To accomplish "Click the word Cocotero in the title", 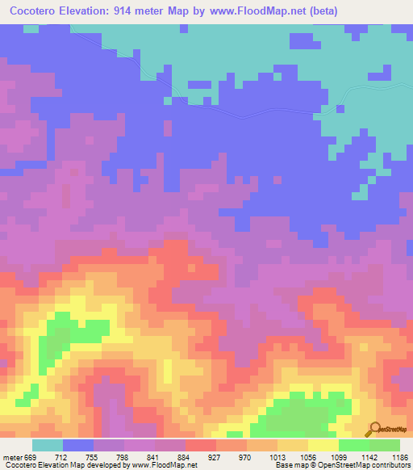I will pyautogui.click(x=35, y=11).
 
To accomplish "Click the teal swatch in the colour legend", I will pyautogui.click(x=48, y=445).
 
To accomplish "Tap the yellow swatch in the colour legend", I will pyautogui.click(x=323, y=445).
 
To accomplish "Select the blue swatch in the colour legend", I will pyautogui.click(x=78, y=445).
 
